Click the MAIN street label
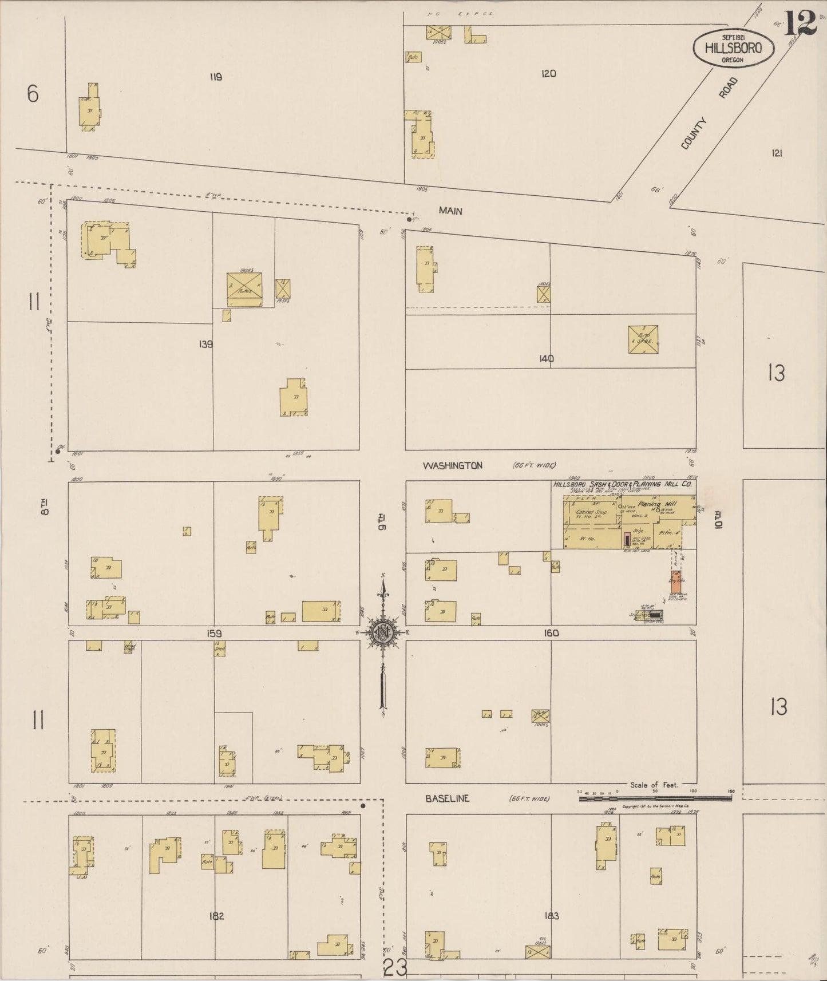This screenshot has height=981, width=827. click(x=450, y=211)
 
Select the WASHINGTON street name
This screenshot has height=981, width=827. click(x=452, y=466)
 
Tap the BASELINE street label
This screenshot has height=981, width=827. click(x=447, y=798)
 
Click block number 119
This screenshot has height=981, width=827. click(x=215, y=77)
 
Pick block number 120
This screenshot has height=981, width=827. click(x=548, y=74)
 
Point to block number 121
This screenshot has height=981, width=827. click(x=777, y=153)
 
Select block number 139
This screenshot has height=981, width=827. click(x=205, y=345)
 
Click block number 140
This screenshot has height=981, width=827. click(x=546, y=359)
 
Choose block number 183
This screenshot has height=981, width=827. click(x=552, y=916)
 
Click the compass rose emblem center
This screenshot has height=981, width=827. click(x=383, y=632)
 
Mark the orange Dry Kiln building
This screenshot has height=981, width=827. click(x=676, y=581)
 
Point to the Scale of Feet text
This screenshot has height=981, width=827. click(x=654, y=785)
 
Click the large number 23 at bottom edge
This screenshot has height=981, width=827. click(x=395, y=968)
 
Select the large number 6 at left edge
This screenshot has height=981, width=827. click(x=33, y=93)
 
